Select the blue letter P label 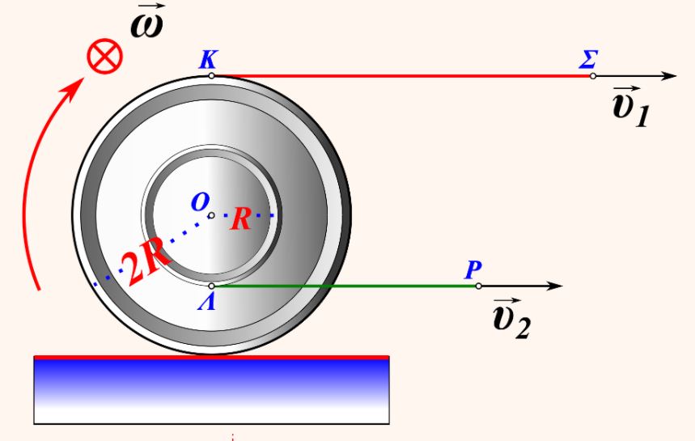click(473, 269)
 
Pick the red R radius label click(240, 219)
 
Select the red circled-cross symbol click(105, 58)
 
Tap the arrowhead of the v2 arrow click(554, 286)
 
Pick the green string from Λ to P click(344, 286)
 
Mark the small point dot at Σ click(593, 76)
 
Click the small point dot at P click(478, 286)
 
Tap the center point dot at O click(211, 215)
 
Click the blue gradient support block click(211, 388)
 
